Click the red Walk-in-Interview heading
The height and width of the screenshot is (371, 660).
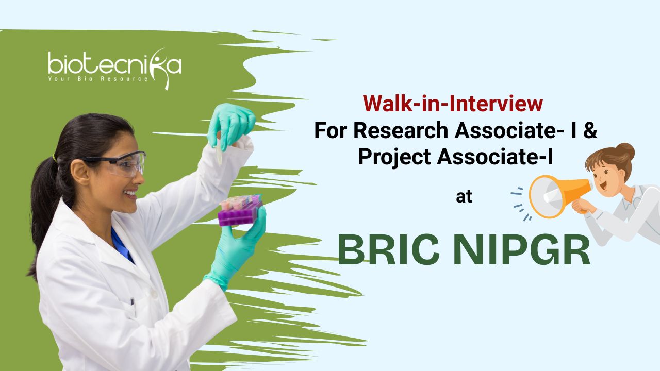453,104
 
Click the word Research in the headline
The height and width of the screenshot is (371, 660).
401,130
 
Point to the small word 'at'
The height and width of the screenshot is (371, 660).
464,197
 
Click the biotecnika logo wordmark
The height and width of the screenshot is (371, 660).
115,66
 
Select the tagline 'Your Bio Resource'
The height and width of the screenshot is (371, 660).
98,79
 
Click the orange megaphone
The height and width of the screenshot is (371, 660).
560,196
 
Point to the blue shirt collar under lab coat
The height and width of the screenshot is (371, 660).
122,245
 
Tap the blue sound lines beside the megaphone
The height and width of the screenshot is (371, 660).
521,204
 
